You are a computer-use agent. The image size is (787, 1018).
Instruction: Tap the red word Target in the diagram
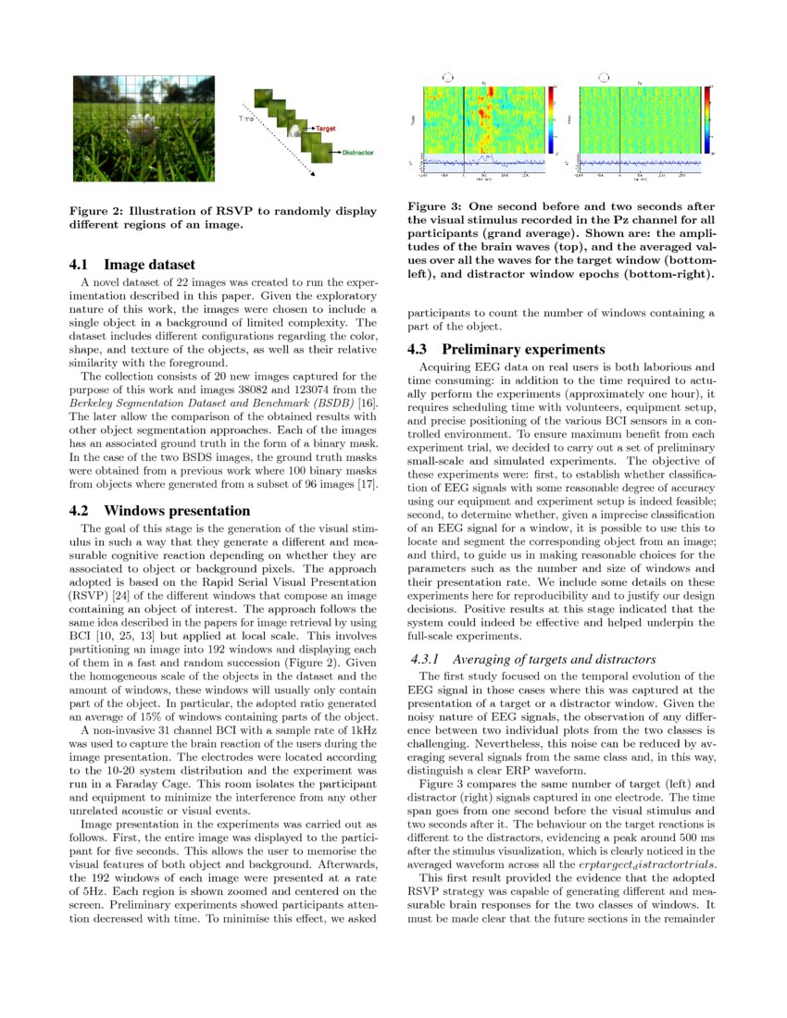point(325,126)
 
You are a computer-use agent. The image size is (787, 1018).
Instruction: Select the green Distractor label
point(358,152)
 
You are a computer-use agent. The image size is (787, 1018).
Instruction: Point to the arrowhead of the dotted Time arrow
point(313,173)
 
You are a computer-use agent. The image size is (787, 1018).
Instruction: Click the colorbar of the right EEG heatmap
point(706,119)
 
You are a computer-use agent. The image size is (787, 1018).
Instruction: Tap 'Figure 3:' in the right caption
point(438,206)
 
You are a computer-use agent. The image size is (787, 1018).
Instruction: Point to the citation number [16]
point(369,390)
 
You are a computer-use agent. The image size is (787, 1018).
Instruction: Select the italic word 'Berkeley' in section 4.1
point(95,390)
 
